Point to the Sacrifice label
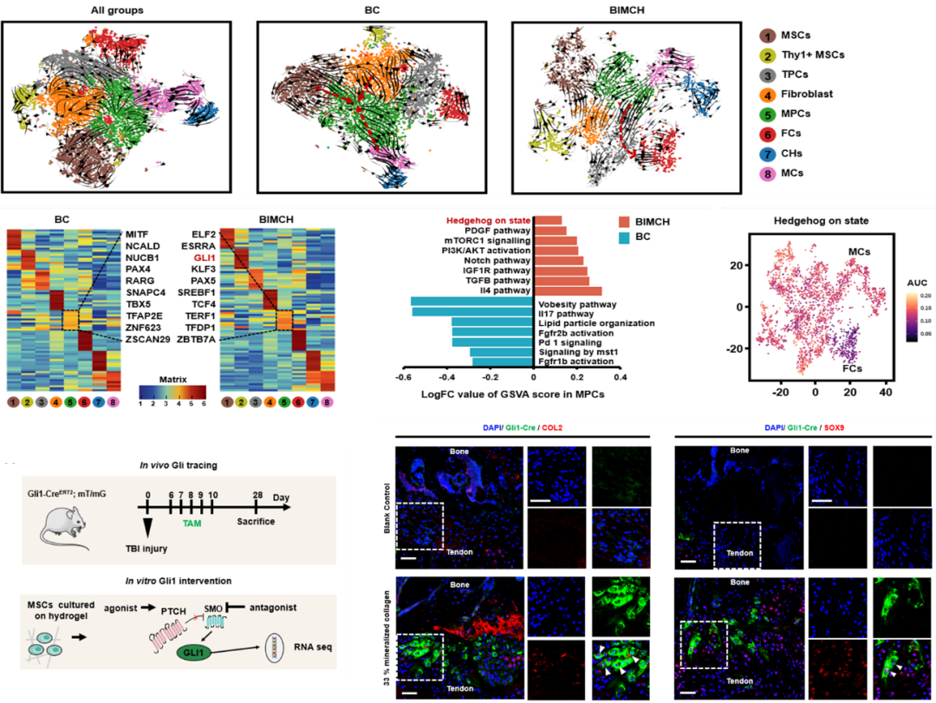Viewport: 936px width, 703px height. (x=257, y=522)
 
